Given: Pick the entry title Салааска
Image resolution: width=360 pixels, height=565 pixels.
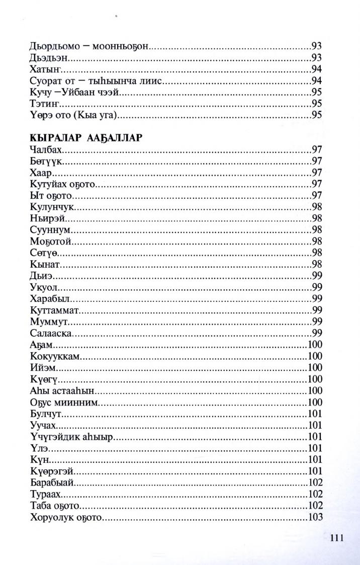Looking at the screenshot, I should [x=51, y=333].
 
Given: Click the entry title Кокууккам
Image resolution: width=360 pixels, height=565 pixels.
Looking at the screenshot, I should [x=55, y=356].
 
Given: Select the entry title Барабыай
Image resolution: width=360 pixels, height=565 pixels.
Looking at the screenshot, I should [x=52, y=483].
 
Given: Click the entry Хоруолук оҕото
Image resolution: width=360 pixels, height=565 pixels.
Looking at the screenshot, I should [x=66, y=518].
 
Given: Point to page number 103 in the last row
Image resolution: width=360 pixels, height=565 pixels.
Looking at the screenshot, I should [x=315, y=518].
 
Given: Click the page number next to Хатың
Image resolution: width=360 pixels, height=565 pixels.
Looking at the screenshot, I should [x=317, y=69].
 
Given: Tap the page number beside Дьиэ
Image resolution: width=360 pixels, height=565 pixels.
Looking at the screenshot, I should [x=317, y=276].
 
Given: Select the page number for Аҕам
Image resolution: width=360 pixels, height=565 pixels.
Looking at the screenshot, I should [x=315, y=345].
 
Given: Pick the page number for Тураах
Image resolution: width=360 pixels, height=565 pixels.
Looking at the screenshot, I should [x=315, y=495].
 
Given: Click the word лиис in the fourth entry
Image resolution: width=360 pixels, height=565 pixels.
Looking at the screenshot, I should [x=150, y=80].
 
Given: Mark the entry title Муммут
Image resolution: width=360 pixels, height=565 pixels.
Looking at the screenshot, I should [x=49, y=321].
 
